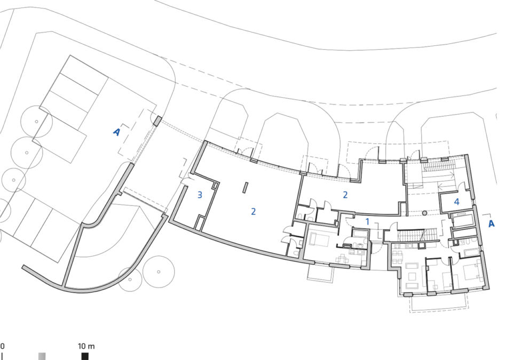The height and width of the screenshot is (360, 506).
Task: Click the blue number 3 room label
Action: [200, 195]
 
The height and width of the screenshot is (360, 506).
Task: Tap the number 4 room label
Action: [456, 202]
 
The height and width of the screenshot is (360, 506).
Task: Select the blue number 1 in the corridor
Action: [367, 222]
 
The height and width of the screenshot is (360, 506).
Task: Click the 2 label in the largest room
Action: [254, 211]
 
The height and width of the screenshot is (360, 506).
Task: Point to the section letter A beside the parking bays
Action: [117, 132]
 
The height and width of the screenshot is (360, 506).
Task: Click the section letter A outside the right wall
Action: [491, 223]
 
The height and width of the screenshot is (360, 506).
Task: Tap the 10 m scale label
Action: [86, 347]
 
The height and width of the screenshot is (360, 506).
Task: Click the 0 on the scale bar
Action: [2, 347]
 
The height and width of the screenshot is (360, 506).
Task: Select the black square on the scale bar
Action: [85, 356]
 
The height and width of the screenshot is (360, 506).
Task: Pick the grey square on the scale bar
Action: [42, 356]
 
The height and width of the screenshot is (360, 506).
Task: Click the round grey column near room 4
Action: [425, 213]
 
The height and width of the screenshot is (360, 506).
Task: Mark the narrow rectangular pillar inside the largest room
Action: [245, 188]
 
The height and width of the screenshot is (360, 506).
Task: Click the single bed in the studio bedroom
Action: [319, 240]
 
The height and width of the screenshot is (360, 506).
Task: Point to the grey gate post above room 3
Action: [157, 121]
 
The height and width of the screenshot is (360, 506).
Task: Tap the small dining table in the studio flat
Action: [343, 258]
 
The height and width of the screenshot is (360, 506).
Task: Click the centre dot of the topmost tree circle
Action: [36, 122]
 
